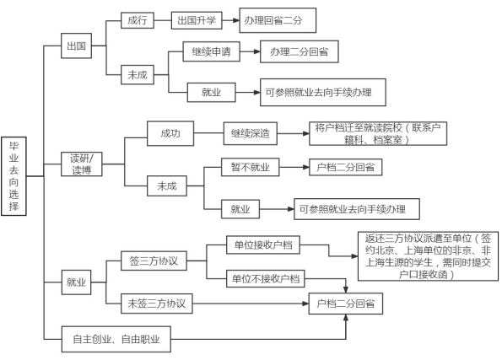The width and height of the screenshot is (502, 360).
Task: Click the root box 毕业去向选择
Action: pyautogui.click(x=13, y=176)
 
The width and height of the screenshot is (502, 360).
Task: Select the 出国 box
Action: pyautogui.click(x=76, y=46)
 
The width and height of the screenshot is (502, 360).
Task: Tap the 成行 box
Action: pyautogui.click(x=138, y=20)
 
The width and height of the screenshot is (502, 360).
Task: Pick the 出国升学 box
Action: pyautogui.click(x=197, y=20)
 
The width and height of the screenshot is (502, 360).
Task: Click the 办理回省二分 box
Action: pyautogui.click(x=278, y=20)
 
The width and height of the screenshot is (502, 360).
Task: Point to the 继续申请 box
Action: pyautogui.click(x=211, y=51)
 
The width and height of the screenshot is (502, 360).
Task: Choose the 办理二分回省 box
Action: pyautogui.click(x=299, y=51)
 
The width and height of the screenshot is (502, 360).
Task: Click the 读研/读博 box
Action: pyautogui.click(x=82, y=164)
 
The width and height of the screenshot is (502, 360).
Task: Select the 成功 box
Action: pyautogui.click(x=170, y=133)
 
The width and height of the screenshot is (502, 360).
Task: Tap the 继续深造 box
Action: pyautogui.click(x=251, y=133)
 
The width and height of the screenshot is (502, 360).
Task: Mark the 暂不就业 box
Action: pyautogui.click(x=250, y=167)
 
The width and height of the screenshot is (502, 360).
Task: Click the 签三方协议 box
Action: pyautogui.click(x=154, y=261)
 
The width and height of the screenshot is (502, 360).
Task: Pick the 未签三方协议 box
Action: pyautogui.click(x=157, y=304)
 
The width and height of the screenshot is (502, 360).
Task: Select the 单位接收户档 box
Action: pyautogui.click(x=263, y=245)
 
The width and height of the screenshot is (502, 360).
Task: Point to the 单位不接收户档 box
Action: pyautogui.click(x=266, y=279)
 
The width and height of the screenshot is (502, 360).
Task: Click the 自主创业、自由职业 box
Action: pyautogui.click(x=116, y=339)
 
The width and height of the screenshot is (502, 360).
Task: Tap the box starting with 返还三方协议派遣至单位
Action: pyautogui.click(x=428, y=256)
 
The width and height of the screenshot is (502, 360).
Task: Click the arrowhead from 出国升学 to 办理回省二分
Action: pyautogui.click(x=236, y=20)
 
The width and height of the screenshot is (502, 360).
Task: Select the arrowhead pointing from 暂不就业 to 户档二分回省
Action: pyautogui.click(x=306, y=167)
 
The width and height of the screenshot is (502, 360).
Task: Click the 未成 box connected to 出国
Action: pyautogui.click(x=138, y=75)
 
